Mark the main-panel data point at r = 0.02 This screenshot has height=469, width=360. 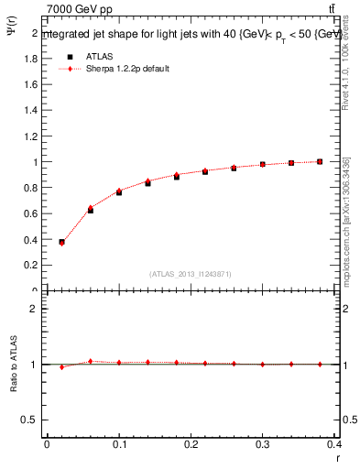click(61, 243)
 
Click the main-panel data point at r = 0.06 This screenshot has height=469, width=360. click(90, 210)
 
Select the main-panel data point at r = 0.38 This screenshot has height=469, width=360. click(320, 161)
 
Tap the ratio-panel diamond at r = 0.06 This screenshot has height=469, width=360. click(90, 362)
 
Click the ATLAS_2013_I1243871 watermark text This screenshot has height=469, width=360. click(190, 274)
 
